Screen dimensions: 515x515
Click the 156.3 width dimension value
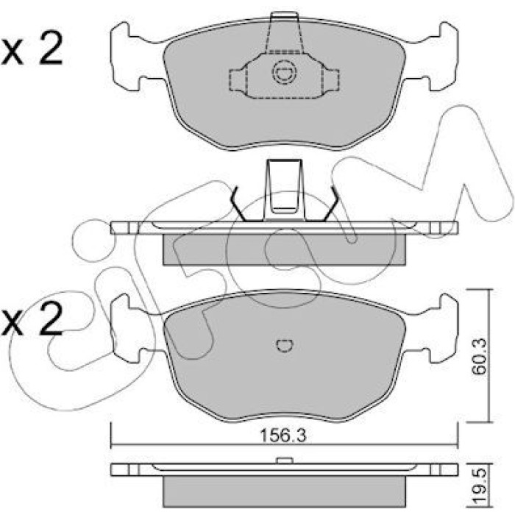[x=283, y=436]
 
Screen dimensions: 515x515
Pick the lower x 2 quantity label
[x=32, y=319]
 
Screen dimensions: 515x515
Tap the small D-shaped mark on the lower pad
[x=285, y=345]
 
